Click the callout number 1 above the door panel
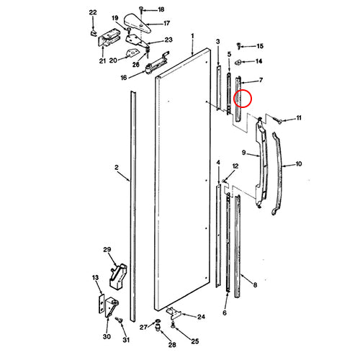click(193, 35)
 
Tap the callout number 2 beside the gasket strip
click(116, 167)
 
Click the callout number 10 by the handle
click(298, 164)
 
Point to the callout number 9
click(244, 153)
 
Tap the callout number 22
click(92, 13)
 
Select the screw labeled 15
click(242, 45)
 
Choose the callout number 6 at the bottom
click(224, 313)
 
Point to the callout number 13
click(94, 277)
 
